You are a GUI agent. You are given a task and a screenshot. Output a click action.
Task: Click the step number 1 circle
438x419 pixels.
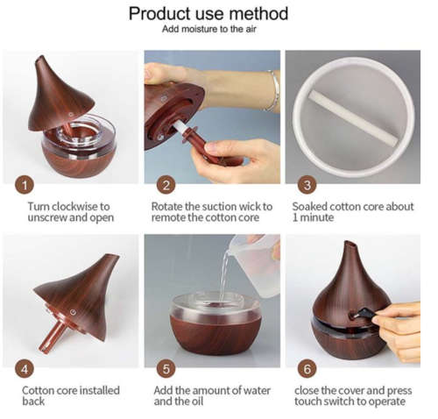point(25,185)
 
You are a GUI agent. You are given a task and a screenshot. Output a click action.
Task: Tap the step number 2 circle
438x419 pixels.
point(166,185)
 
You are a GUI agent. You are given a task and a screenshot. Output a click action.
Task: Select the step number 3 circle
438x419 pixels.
point(307,185)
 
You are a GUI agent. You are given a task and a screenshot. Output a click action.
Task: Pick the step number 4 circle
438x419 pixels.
point(25,369)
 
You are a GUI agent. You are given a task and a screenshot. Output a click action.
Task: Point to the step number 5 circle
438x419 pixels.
point(166,369)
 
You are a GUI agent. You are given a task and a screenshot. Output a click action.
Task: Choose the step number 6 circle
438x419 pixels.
point(307,369)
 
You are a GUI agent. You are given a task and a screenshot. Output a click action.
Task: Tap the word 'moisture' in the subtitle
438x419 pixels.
point(200,29)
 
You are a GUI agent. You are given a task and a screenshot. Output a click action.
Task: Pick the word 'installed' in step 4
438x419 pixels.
point(100,390)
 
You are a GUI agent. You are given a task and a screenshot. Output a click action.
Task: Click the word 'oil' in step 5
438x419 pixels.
point(197,401)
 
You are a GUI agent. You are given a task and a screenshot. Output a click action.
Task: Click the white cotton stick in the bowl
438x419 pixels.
point(353,117)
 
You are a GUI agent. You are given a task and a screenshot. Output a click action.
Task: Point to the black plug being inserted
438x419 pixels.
point(362,313)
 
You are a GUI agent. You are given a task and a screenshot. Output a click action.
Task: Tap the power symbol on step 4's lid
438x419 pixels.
point(73,313)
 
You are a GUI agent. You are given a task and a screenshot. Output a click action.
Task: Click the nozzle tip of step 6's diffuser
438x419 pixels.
point(350,244)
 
